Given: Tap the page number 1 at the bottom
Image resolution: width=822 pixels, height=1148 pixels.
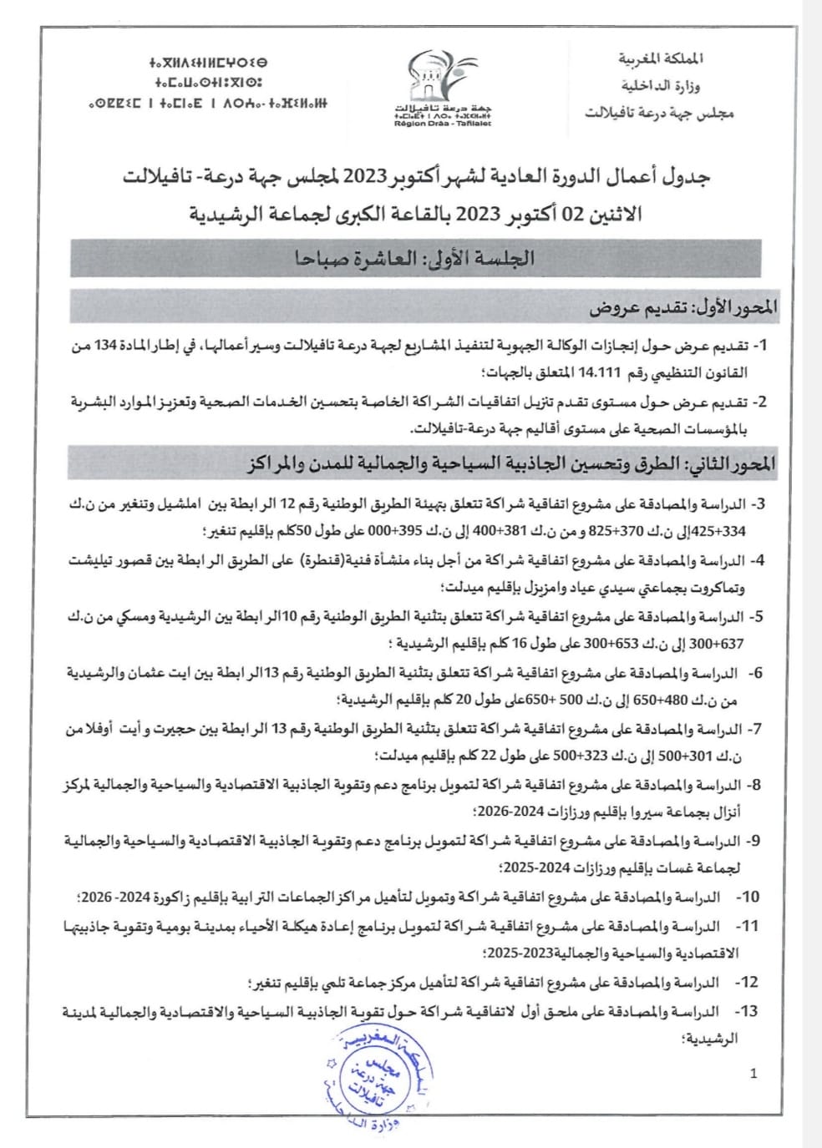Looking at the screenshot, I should pyautogui.click(x=754, y=1074).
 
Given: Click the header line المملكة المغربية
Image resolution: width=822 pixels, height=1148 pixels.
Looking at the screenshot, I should pyautogui.click(x=665, y=60).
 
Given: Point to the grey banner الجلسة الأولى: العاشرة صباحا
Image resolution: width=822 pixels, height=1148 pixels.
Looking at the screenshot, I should pyautogui.click(x=415, y=258).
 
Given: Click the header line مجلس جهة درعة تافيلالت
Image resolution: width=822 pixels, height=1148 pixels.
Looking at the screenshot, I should pyautogui.click(x=660, y=112).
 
